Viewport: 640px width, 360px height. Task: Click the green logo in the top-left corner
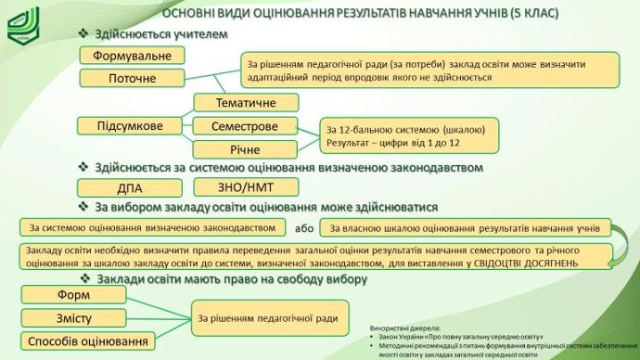[x=23, y=25]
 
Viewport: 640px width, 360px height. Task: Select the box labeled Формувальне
[x=132, y=56]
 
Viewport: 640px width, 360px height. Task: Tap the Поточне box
[x=132, y=78]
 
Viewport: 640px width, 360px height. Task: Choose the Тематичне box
[x=246, y=102]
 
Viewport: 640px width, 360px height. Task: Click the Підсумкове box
[x=129, y=125]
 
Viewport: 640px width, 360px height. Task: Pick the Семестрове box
[x=245, y=126]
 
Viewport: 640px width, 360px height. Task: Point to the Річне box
[x=245, y=149]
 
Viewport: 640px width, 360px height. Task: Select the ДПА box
[x=129, y=188]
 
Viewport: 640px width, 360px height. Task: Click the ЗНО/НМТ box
[x=246, y=186]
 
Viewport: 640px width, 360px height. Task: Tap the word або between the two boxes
[x=304, y=228]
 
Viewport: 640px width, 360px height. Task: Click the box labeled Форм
[x=73, y=295]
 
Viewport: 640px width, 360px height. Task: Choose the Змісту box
[x=73, y=318]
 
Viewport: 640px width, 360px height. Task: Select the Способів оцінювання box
[x=88, y=341]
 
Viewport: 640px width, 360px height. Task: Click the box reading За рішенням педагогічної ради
[x=270, y=318]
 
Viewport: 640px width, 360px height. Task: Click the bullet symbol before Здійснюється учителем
[x=83, y=33]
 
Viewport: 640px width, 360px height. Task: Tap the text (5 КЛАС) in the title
[x=534, y=13]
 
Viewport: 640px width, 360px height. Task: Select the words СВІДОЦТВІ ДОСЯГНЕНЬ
[x=526, y=264]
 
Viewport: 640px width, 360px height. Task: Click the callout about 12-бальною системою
[x=409, y=135]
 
